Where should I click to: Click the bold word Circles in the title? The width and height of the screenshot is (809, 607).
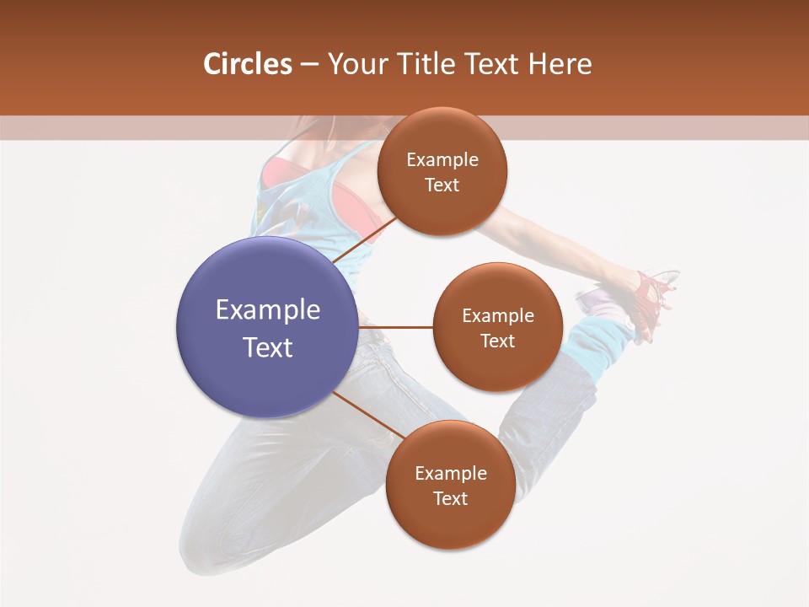click(x=247, y=64)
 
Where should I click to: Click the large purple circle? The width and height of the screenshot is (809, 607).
click(x=267, y=326)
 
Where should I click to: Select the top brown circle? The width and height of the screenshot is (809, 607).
click(x=442, y=171)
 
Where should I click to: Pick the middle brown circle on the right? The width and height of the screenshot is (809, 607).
click(x=497, y=327)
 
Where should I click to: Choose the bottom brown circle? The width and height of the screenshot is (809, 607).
click(x=450, y=485)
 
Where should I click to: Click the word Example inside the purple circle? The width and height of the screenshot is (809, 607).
click(x=267, y=310)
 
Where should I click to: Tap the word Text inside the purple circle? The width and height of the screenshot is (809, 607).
click(x=267, y=347)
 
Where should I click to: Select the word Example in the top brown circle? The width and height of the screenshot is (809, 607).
click(x=442, y=160)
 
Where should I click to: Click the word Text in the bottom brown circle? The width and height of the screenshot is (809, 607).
click(x=450, y=498)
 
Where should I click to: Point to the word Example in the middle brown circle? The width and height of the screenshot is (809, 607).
click(x=497, y=316)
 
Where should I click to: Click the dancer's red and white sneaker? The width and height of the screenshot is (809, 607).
click(x=653, y=295)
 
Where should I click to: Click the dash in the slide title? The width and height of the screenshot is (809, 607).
click(x=309, y=65)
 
